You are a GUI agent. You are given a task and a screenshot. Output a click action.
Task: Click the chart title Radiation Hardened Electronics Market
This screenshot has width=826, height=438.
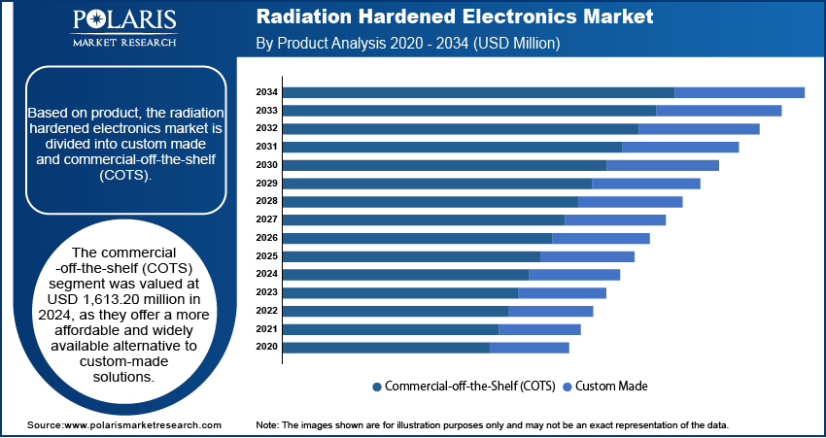(454, 17)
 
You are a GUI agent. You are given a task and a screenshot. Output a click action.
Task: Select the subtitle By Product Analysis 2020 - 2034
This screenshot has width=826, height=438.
(407, 44)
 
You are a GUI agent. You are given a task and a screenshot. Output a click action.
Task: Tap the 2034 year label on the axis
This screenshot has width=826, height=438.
(267, 92)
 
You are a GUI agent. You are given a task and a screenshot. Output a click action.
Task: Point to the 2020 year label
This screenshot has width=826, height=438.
(267, 347)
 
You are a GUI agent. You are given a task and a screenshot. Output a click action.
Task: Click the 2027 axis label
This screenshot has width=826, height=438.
(267, 219)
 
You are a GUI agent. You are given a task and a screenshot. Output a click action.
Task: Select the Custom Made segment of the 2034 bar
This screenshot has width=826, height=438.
(739, 92)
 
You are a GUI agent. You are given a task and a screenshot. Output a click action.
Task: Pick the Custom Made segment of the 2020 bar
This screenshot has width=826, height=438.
(529, 347)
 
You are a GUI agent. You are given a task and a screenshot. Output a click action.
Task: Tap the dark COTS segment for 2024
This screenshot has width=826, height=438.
(405, 274)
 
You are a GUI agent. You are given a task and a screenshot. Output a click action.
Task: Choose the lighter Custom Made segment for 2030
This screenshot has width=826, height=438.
(662, 165)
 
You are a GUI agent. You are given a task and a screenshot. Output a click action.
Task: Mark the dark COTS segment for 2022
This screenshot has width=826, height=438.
(396, 311)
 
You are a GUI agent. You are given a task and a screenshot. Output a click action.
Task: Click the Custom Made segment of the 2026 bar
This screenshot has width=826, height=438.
(600, 238)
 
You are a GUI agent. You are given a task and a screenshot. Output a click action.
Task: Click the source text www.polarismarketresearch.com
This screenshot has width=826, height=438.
(143, 425)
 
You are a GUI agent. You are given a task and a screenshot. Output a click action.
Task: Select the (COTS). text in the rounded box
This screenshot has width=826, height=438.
(124, 175)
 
